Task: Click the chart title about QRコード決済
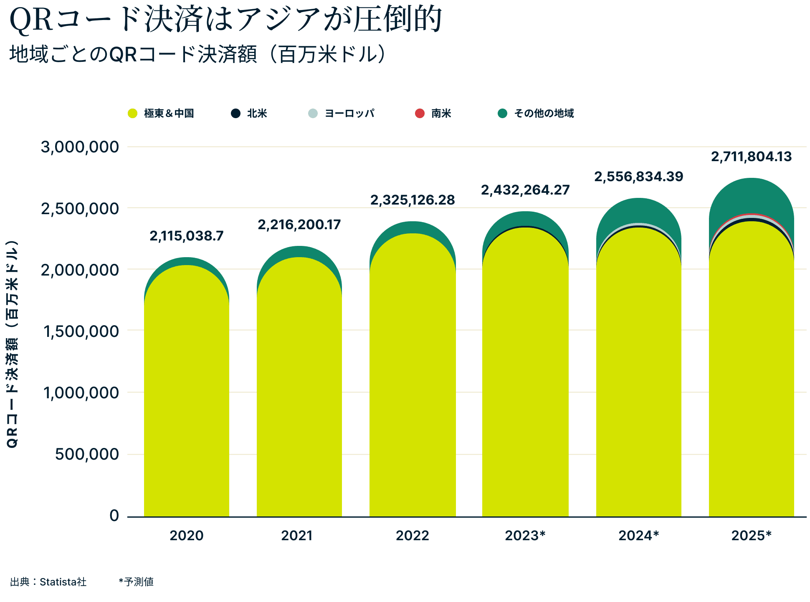225,20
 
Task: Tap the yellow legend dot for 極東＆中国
132,114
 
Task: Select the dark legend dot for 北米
236,114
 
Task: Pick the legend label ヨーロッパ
349,114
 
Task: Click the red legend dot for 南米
420,114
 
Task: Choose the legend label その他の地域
544,114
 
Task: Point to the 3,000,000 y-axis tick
80,147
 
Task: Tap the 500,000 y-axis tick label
87,454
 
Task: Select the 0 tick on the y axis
114,516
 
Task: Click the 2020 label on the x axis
187,536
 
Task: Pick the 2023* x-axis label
525,536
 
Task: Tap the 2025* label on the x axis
752,536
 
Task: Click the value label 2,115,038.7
187,236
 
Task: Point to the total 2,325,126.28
413,200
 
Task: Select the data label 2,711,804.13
752,157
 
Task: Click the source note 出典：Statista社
48,582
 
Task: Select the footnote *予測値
136,582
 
